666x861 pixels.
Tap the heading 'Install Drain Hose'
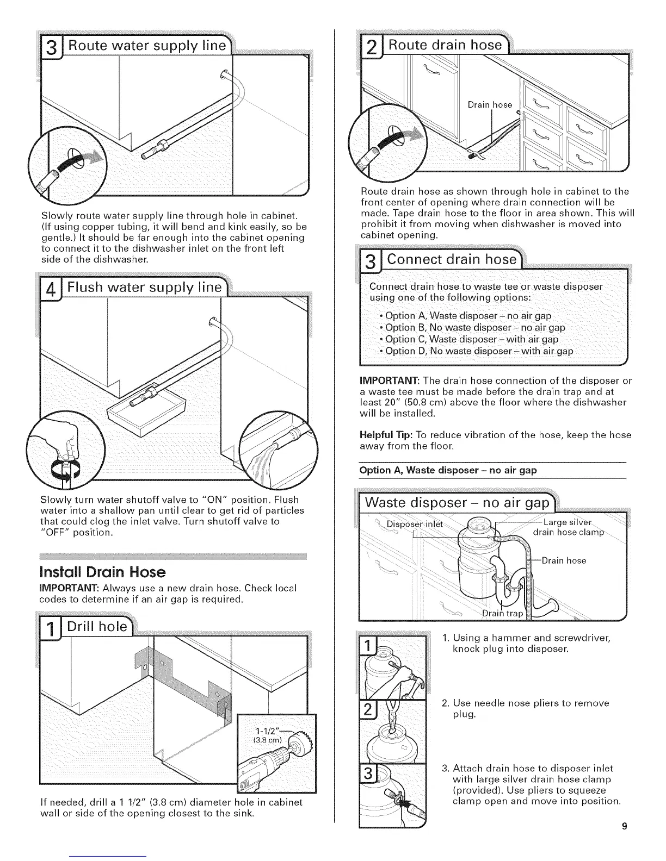[103, 572]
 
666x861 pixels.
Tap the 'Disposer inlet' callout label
[414, 524]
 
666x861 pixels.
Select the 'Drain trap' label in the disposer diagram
[502, 614]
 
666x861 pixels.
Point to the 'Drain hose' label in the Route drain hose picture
[490, 104]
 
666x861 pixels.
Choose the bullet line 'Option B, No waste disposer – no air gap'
[474, 327]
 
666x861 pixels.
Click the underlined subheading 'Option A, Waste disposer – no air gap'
[448, 470]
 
